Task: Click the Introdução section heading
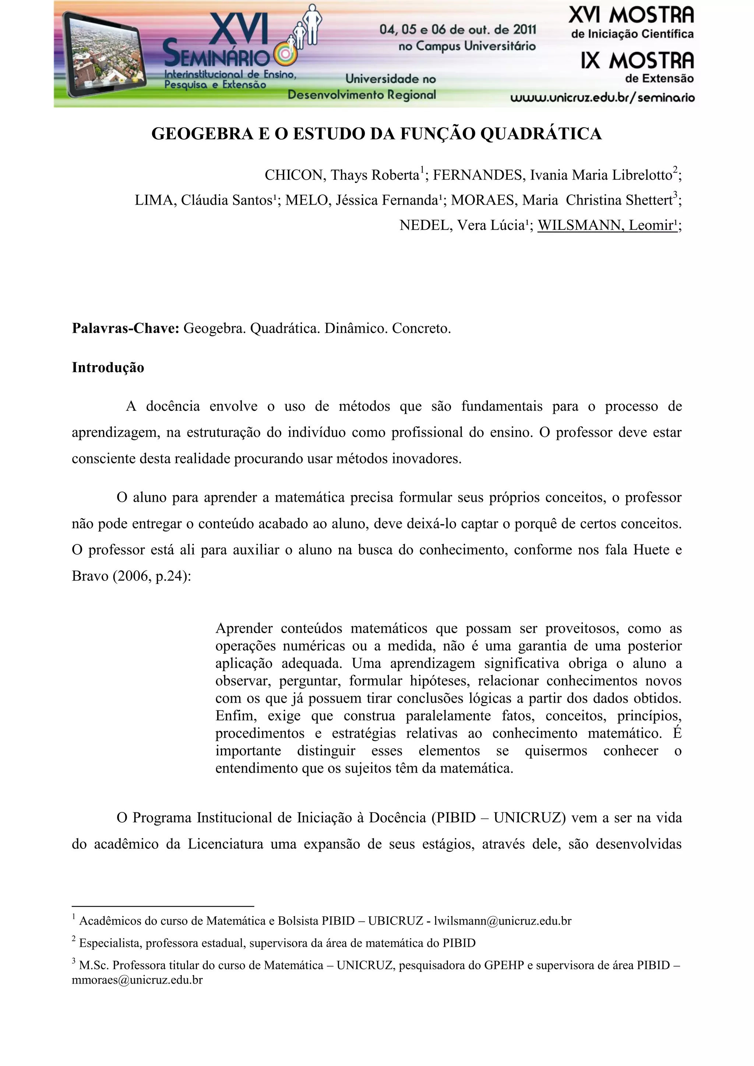click(x=108, y=368)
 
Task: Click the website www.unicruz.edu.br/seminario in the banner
click(x=602, y=98)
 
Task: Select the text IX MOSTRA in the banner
click(x=637, y=61)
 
